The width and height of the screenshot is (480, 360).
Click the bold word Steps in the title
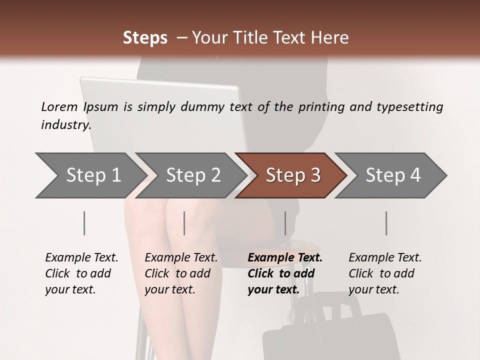point(145,38)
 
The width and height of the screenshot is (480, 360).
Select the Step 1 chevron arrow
point(91,175)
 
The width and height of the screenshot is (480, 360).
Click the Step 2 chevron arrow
point(191,175)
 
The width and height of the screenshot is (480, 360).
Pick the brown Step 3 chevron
point(291,175)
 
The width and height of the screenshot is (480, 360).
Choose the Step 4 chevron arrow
point(391,175)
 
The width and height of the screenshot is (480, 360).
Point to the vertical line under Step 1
point(84,223)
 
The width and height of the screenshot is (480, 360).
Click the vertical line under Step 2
point(184,223)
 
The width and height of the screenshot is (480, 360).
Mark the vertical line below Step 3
point(285,223)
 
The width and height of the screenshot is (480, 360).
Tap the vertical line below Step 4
point(386,223)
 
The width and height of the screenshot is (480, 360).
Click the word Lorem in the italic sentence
point(59,107)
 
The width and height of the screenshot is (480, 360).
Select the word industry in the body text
point(65,125)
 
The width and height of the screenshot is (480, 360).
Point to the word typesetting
point(410,107)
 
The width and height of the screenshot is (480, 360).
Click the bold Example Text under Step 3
point(284,257)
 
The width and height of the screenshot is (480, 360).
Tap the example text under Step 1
point(81,273)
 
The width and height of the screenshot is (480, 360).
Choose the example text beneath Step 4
point(385,273)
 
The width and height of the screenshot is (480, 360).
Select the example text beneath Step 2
point(181,273)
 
